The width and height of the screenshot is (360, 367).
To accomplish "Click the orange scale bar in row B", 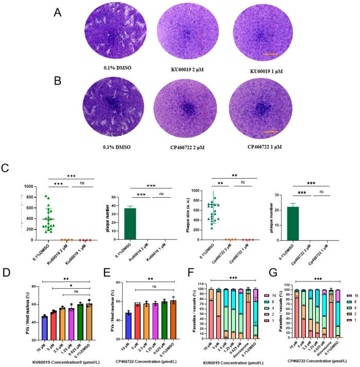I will [270, 132].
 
